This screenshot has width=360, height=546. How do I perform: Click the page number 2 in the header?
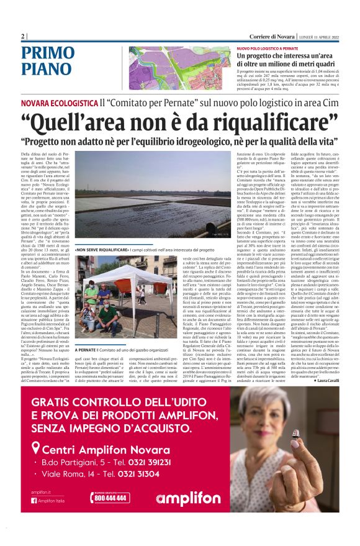pyautogui.click(x=22, y=37)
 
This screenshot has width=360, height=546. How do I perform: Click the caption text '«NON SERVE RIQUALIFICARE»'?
pyautogui.click(x=99, y=253)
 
